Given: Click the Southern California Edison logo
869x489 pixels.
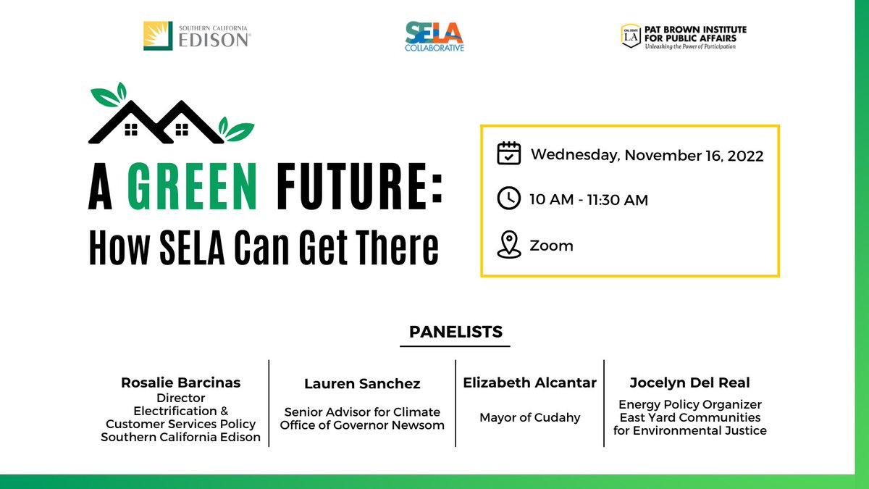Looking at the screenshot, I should [x=198, y=35].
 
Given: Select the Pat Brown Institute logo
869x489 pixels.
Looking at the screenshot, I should [x=683, y=36].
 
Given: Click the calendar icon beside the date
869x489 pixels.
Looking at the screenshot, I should [x=509, y=154].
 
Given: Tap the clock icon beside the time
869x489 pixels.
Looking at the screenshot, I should [x=509, y=198].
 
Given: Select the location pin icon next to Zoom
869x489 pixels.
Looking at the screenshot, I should [x=509, y=245].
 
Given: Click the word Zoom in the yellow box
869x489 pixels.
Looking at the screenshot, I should [x=552, y=246].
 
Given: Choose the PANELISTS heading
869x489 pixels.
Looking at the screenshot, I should [x=456, y=332].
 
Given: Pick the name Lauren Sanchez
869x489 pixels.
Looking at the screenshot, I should [x=362, y=384].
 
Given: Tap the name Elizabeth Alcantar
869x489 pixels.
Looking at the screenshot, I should [x=529, y=383].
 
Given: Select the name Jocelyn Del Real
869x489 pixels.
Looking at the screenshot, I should [x=689, y=383].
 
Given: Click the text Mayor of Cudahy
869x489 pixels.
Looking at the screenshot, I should [x=529, y=417].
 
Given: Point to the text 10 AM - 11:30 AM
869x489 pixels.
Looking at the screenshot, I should [x=589, y=200].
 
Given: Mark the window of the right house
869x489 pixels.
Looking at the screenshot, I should [x=182, y=130].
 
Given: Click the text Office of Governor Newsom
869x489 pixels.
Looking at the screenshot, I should [x=362, y=425].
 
